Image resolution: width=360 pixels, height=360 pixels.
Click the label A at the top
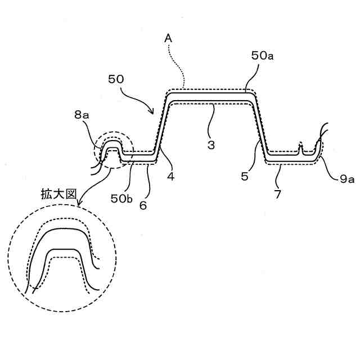168,38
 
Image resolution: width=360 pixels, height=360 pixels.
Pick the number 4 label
169,176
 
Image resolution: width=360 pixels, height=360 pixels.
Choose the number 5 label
245,176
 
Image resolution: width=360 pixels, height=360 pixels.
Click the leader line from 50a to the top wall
253,76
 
